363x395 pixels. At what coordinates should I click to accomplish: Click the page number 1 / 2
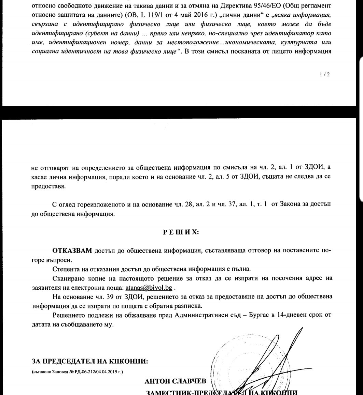pyautogui.click(x=325, y=74)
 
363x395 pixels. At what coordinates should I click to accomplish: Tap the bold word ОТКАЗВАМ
pyautogui.click(x=72, y=250)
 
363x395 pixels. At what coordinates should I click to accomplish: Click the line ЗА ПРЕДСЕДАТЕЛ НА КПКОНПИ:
pyautogui.click(x=90, y=361)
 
